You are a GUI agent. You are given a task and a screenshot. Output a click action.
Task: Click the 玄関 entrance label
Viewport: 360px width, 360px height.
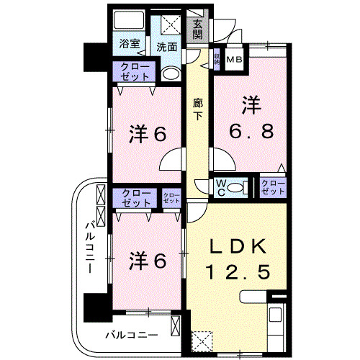tap(197, 30)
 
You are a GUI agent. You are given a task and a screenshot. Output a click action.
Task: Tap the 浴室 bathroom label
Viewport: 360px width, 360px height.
tap(130, 44)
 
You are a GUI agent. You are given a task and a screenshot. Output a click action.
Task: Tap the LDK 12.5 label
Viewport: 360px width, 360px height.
tap(239, 259)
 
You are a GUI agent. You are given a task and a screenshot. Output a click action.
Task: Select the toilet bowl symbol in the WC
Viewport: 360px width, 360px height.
tap(242, 188)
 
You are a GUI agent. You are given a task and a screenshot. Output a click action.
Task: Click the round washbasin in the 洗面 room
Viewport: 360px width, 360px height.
tap(170, 73)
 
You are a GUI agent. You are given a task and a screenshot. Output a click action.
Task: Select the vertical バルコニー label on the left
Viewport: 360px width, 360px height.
tap(90, 245)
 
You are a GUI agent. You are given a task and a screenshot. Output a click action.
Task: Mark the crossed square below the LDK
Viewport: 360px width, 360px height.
tap(202, 340)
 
